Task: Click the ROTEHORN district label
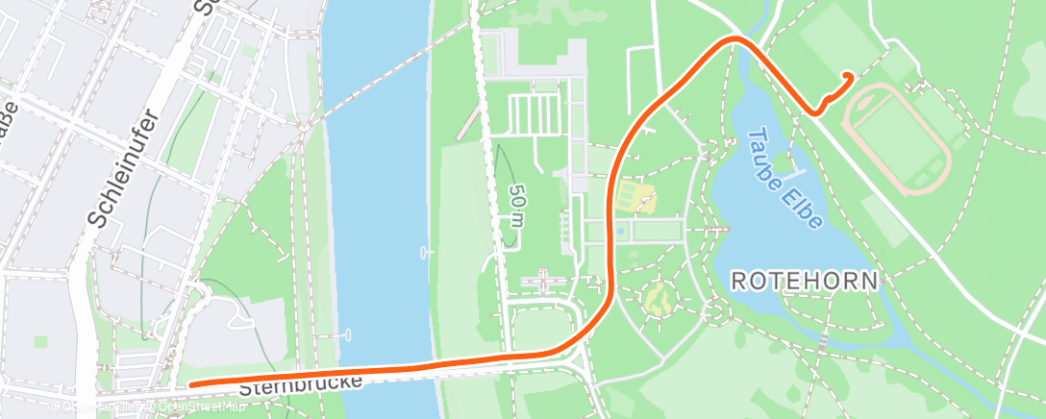(x=805, y=282)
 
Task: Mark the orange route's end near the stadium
(x=848, y=76)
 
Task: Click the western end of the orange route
(x=192, y=384)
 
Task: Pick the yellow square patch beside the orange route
(x=635, y=198)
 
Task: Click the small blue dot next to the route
(x=621, y=231)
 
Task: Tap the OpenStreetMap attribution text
(x=192, y=407)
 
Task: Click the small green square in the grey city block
(x=41, y=341)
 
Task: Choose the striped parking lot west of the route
(x=534, y=114)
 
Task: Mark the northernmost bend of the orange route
(x=735, y=39)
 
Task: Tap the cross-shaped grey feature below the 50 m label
(x=545, y=282)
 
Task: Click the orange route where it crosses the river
(x=385, y=370)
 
